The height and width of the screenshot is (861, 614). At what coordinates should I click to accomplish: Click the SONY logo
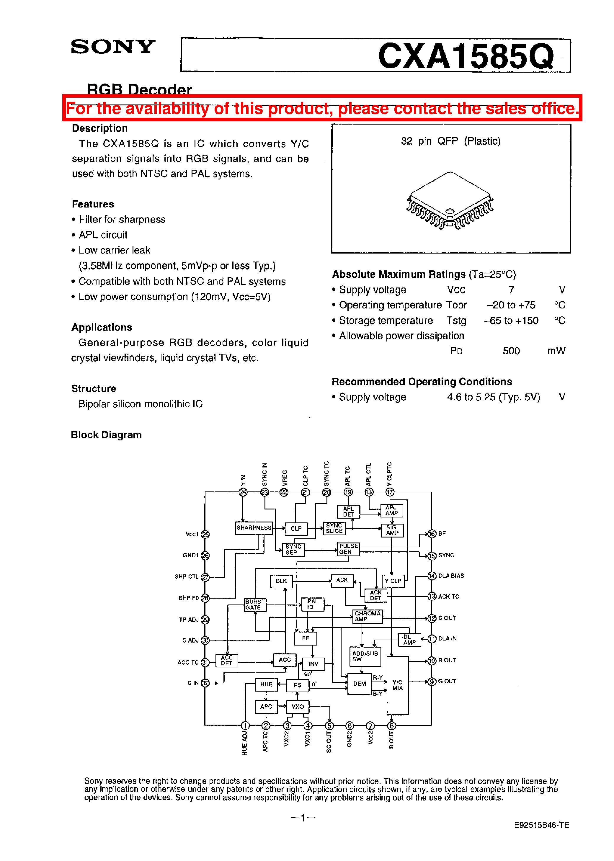[x=113, y=47]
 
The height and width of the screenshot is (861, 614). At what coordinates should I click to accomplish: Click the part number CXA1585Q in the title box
[x=466, y=56]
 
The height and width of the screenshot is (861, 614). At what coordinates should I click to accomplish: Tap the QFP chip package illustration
[x=450, y=201]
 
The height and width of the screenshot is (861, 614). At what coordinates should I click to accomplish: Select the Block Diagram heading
[x=106, y=435]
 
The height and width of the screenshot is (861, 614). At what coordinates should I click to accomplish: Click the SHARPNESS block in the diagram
[x=254, y=528]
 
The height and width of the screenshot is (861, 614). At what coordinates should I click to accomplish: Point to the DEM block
[x=359, y=684]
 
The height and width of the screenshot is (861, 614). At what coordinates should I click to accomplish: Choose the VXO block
[x=298, y=706]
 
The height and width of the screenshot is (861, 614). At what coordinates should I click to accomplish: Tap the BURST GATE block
[x=255, y=605]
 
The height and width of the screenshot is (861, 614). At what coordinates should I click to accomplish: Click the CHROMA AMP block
[x=368, y=616]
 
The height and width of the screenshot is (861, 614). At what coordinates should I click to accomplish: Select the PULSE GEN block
[x=348, y=549]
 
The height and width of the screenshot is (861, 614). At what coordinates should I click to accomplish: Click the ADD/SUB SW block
[x=365, y=656]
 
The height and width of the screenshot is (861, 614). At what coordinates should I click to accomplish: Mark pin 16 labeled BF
[x=432, y=534]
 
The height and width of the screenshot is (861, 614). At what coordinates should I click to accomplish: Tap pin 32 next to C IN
[x=205, y=683]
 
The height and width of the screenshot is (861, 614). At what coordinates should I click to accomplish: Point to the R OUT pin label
[x=447, y=660]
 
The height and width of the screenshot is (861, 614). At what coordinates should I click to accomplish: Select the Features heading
[x=93, y=204]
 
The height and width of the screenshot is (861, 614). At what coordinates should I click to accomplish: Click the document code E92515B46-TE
[x=541, y=825]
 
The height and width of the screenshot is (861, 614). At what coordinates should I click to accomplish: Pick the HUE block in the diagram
[x=266, y=684]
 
